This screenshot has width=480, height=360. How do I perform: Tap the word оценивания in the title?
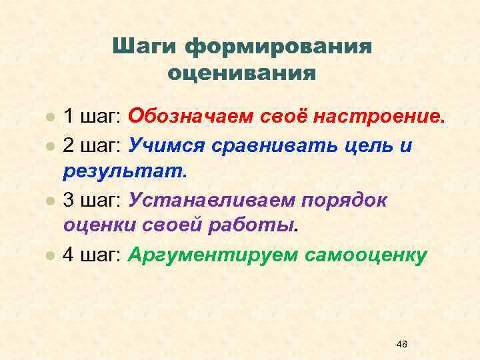[x=242, y=71]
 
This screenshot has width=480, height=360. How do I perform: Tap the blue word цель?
[x=367, y=145]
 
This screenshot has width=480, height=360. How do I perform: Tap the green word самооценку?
[x=366, y=254]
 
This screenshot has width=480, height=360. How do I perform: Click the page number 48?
[x=401, y=344]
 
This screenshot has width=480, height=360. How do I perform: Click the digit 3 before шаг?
[x=69, y=199]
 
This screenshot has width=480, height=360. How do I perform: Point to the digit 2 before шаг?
[x=69, y=145]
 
